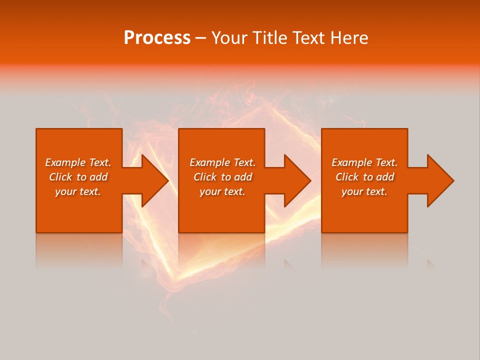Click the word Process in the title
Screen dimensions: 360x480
point(157,38)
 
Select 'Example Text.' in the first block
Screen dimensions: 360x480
point(78,162)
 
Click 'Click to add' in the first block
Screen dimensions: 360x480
point(78,177)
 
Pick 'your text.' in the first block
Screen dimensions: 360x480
point(78,191)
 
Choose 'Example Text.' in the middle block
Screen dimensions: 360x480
point(222,162)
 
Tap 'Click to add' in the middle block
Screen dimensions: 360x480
point(222,177)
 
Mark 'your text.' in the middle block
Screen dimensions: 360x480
point(222,191)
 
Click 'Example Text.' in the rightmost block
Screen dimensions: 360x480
point(364,162)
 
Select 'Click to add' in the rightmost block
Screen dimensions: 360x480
point(364,177)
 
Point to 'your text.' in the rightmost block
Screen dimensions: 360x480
point(364,191)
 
